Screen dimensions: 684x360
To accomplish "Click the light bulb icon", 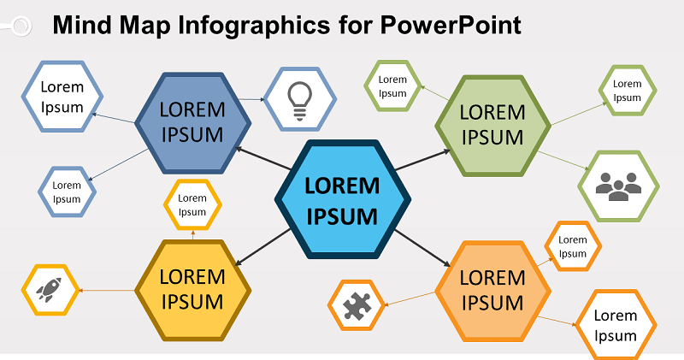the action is point(300,101).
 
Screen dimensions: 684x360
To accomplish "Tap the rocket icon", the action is point(49,290).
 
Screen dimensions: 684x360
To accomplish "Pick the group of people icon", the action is point(618,186).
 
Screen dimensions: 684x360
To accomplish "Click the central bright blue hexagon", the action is point(343,199).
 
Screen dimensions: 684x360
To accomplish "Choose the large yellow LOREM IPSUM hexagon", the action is point(193,290).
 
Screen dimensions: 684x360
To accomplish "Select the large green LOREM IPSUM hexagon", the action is point(493,126).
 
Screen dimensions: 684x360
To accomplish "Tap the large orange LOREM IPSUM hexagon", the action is point(493,291).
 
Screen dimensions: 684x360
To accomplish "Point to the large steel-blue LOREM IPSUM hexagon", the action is point(193,123).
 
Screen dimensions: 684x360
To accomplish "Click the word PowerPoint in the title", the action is point(451,25).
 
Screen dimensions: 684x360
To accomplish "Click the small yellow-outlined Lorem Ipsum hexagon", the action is point(192,204).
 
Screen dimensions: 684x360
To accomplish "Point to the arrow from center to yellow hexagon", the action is point(262,247).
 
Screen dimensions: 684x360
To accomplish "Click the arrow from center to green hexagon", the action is point(422,160).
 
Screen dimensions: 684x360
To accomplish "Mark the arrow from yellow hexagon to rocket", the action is point(107,290).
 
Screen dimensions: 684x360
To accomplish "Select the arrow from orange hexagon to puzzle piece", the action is point(410,299).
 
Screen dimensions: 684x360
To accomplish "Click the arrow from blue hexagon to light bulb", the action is point(251,99).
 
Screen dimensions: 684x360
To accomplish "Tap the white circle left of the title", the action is point(21,26).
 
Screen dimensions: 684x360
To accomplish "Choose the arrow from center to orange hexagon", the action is point(422,248).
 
